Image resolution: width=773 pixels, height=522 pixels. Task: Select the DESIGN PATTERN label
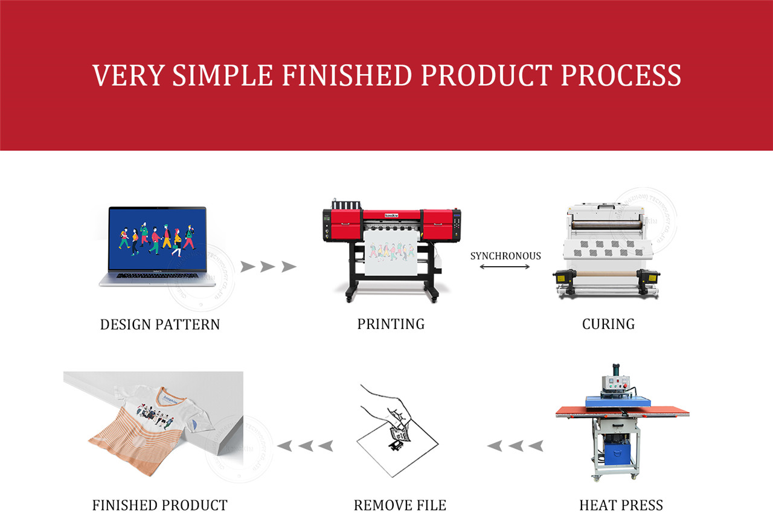(160, 324)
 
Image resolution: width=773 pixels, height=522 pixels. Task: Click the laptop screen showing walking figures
(157, 238)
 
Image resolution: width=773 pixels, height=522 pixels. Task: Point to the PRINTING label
(391, 323)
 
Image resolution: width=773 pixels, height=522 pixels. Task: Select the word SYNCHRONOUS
(505, 256)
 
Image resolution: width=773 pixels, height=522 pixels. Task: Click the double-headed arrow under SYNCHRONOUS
(505, 266)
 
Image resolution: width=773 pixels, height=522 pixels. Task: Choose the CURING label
(608, 323)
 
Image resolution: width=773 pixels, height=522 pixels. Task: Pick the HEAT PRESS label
(621, 504)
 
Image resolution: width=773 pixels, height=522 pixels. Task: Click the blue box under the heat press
(617, 450)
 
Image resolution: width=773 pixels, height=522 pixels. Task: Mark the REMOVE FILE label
(400, 504)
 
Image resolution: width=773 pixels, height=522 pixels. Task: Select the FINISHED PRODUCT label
(160, 504)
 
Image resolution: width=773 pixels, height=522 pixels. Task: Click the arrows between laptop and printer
(268, 266)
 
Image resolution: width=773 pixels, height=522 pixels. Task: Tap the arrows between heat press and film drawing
(515, 446)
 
